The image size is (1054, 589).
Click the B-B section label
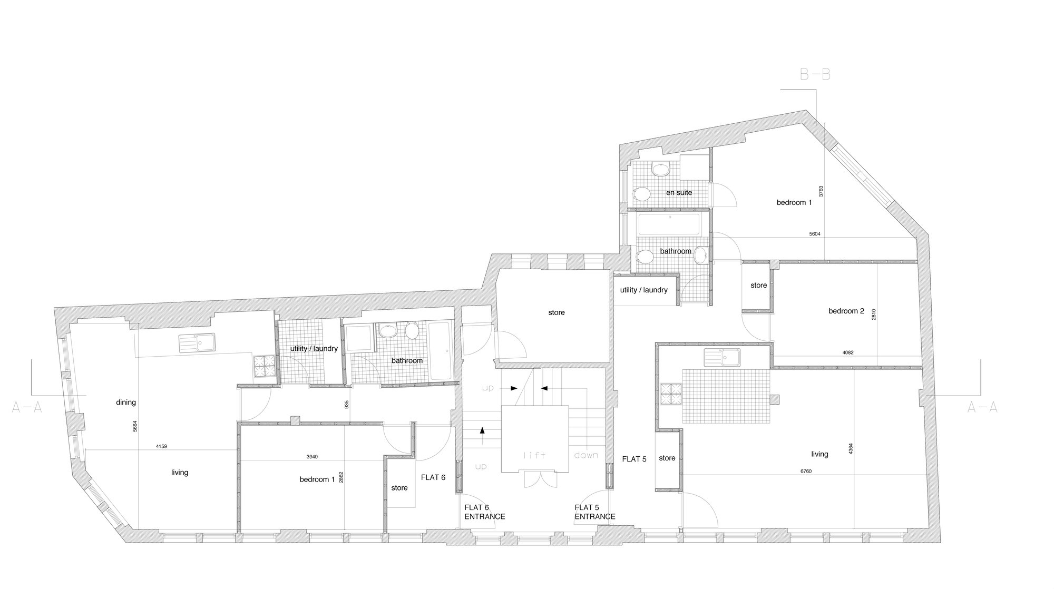(x=815, y=75)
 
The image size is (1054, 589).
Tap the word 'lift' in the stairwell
(x=534, y=455)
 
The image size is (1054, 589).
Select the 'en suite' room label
(x=679, y=192)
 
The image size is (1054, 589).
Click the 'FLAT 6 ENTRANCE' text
(x=484, y=512)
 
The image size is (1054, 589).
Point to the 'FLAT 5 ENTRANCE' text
(x=594, y=512)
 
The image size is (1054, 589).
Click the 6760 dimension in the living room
(x=806, y=472)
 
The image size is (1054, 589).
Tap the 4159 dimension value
(x=161, y=447)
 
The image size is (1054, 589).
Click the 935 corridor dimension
(x=347, y=404)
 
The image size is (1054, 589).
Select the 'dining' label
(x=126, y=403)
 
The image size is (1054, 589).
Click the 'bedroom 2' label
(x=846, y=311)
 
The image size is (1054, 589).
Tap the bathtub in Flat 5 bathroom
(x=669, y=225)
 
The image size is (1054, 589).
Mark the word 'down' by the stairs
(x=586, y=455)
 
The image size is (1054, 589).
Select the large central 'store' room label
(x=557, y=312)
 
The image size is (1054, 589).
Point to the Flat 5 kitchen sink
(x=722, y=357)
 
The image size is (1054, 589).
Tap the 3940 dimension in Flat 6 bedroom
(x=312, y=457)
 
